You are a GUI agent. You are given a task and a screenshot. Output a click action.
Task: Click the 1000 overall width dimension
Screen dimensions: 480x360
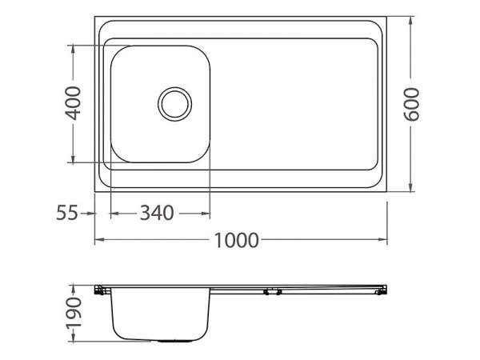pos(236,240)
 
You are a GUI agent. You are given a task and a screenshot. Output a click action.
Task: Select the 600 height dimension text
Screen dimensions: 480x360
pos(411,104)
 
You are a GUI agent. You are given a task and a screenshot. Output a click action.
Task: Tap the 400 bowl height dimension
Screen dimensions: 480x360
pos(74,103)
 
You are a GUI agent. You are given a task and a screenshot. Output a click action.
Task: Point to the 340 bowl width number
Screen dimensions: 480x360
pos(157,213)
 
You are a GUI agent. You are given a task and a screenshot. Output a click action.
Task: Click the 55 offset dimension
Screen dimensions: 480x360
pos(67,213)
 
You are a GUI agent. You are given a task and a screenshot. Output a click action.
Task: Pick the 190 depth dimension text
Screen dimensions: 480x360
pos(74,313)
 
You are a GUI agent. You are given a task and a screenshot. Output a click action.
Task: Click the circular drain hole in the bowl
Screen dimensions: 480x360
pos(174,104)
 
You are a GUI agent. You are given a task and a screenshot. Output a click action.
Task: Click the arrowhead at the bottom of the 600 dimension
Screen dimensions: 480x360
pos(411,187)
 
